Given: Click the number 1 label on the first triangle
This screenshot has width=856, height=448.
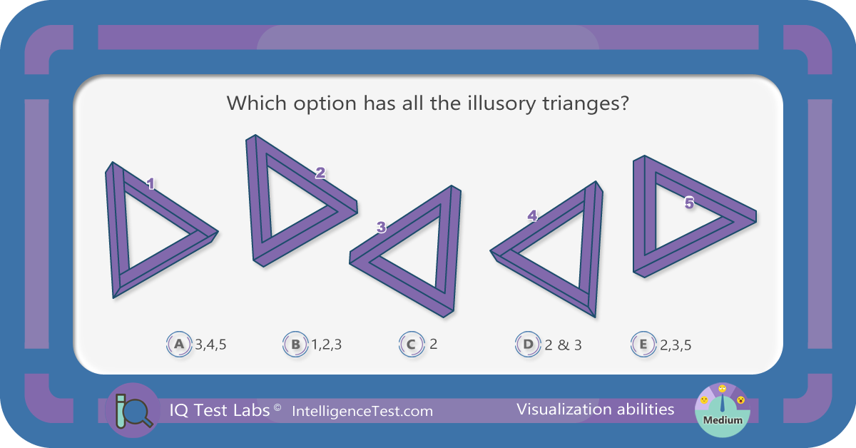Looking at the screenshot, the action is [x=151, y=184].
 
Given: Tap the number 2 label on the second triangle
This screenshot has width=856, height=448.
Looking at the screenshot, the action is [x=320, y=173].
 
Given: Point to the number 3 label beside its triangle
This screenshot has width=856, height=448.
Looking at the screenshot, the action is [x=381, y=227].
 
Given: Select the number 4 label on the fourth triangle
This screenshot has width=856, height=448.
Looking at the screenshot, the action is [x=532, y=216].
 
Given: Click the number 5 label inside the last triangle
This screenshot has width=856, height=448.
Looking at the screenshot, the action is [x=689, y=203].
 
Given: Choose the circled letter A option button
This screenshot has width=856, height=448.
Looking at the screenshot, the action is [x=179, y=344].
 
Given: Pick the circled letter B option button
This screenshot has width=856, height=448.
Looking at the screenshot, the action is [x=295, y=344].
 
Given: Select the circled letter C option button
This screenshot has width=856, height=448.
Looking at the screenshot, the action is [x=412, y=344].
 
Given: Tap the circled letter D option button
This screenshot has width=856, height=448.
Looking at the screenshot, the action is [x=528, y=344].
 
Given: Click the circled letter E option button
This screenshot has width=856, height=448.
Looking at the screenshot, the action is [x=643, y=344].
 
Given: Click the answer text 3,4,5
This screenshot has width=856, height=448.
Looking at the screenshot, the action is [x=210, y=345].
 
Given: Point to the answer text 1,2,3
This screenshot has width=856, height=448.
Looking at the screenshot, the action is [x=327, y=345].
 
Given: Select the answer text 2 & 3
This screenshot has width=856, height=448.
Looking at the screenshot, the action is [x=563, y=345].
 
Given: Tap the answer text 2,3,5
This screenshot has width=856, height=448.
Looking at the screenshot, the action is [x=676, y=345].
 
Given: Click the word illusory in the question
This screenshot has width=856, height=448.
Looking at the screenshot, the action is [x=501, y=103].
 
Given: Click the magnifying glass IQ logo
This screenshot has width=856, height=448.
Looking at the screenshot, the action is [x=133, y=410].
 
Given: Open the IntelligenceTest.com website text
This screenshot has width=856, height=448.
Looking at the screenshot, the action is [x=362, y=412].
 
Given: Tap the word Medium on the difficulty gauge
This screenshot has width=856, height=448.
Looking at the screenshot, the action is [x=723, y=420].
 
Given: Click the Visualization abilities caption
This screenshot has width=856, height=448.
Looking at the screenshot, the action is [x=596, y=409].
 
